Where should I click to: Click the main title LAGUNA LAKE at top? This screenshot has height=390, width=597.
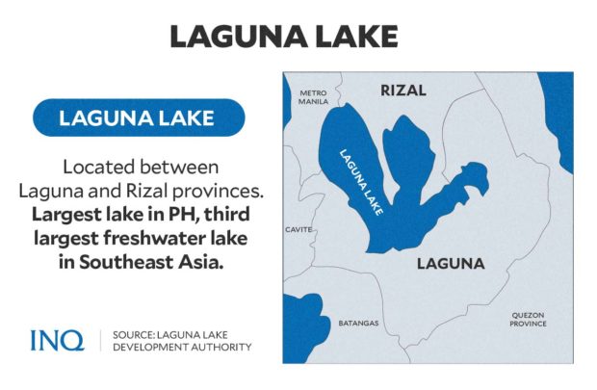click(x=298, y=37)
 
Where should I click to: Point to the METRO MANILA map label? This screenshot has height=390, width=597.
click(x=313, y=94)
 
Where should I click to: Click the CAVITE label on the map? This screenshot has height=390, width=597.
click(x=299, y=230)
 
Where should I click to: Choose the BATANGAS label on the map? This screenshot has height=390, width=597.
click(x=358, y=323)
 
